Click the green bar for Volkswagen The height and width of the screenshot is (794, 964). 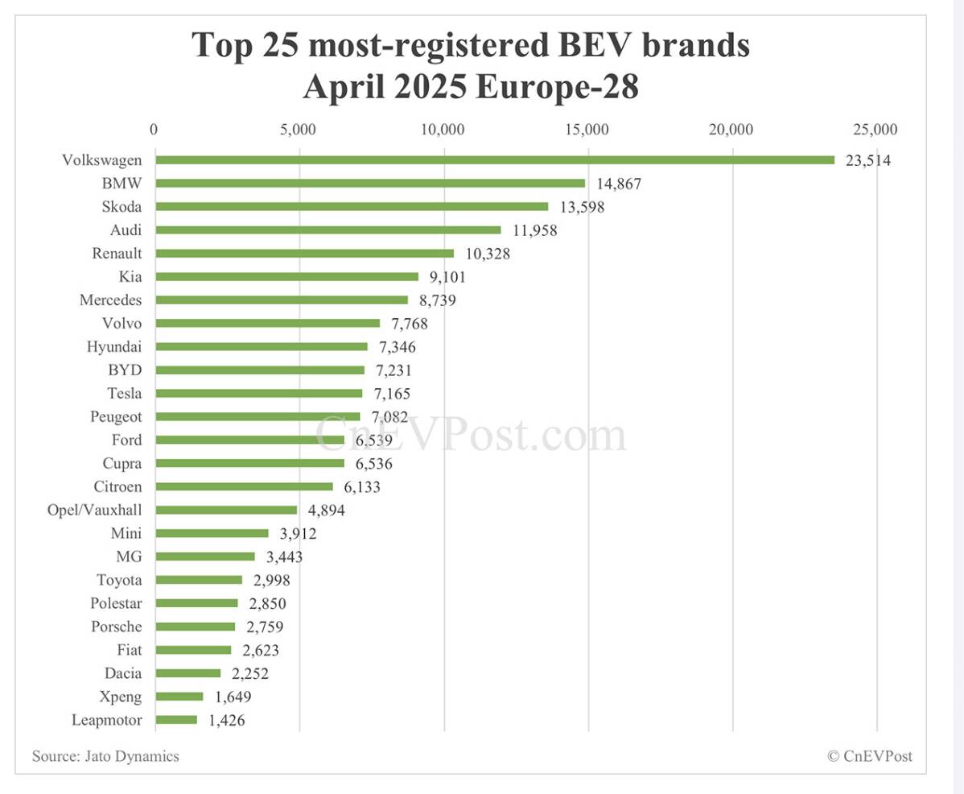pyautogui.click(x=494, y=159)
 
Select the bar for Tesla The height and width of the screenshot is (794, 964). pyautogui.click(x=258, y=394)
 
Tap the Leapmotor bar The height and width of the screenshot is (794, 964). pyautogui.click(x=175, y=720)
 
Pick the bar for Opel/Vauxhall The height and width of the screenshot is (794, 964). pyautogui.click(x=226, y=510)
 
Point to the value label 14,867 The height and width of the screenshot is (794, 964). pyautogui.click(x=619, y=184)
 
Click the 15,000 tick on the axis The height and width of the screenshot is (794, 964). pyautogui.click(x=587, y=130)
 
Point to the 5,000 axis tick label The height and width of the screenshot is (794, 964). pyautogui.click(x=299, y=130)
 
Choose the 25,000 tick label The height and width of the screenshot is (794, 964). pyautogui.click(x=875, y=130)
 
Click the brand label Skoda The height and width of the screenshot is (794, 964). pyautogui.click(x=122, y=206)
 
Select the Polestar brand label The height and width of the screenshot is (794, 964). pyautogui.click(x=117, y=603)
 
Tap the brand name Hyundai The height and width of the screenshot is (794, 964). pyautogui.click(x=114, y=347)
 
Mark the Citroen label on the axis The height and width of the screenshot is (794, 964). pyautogui.click(x=117, y=486)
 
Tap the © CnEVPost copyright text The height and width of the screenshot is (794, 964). pyautogui.click(x=870, y=756)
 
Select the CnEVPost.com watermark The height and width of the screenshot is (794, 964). pyautogui.click(x=470, y=435)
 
